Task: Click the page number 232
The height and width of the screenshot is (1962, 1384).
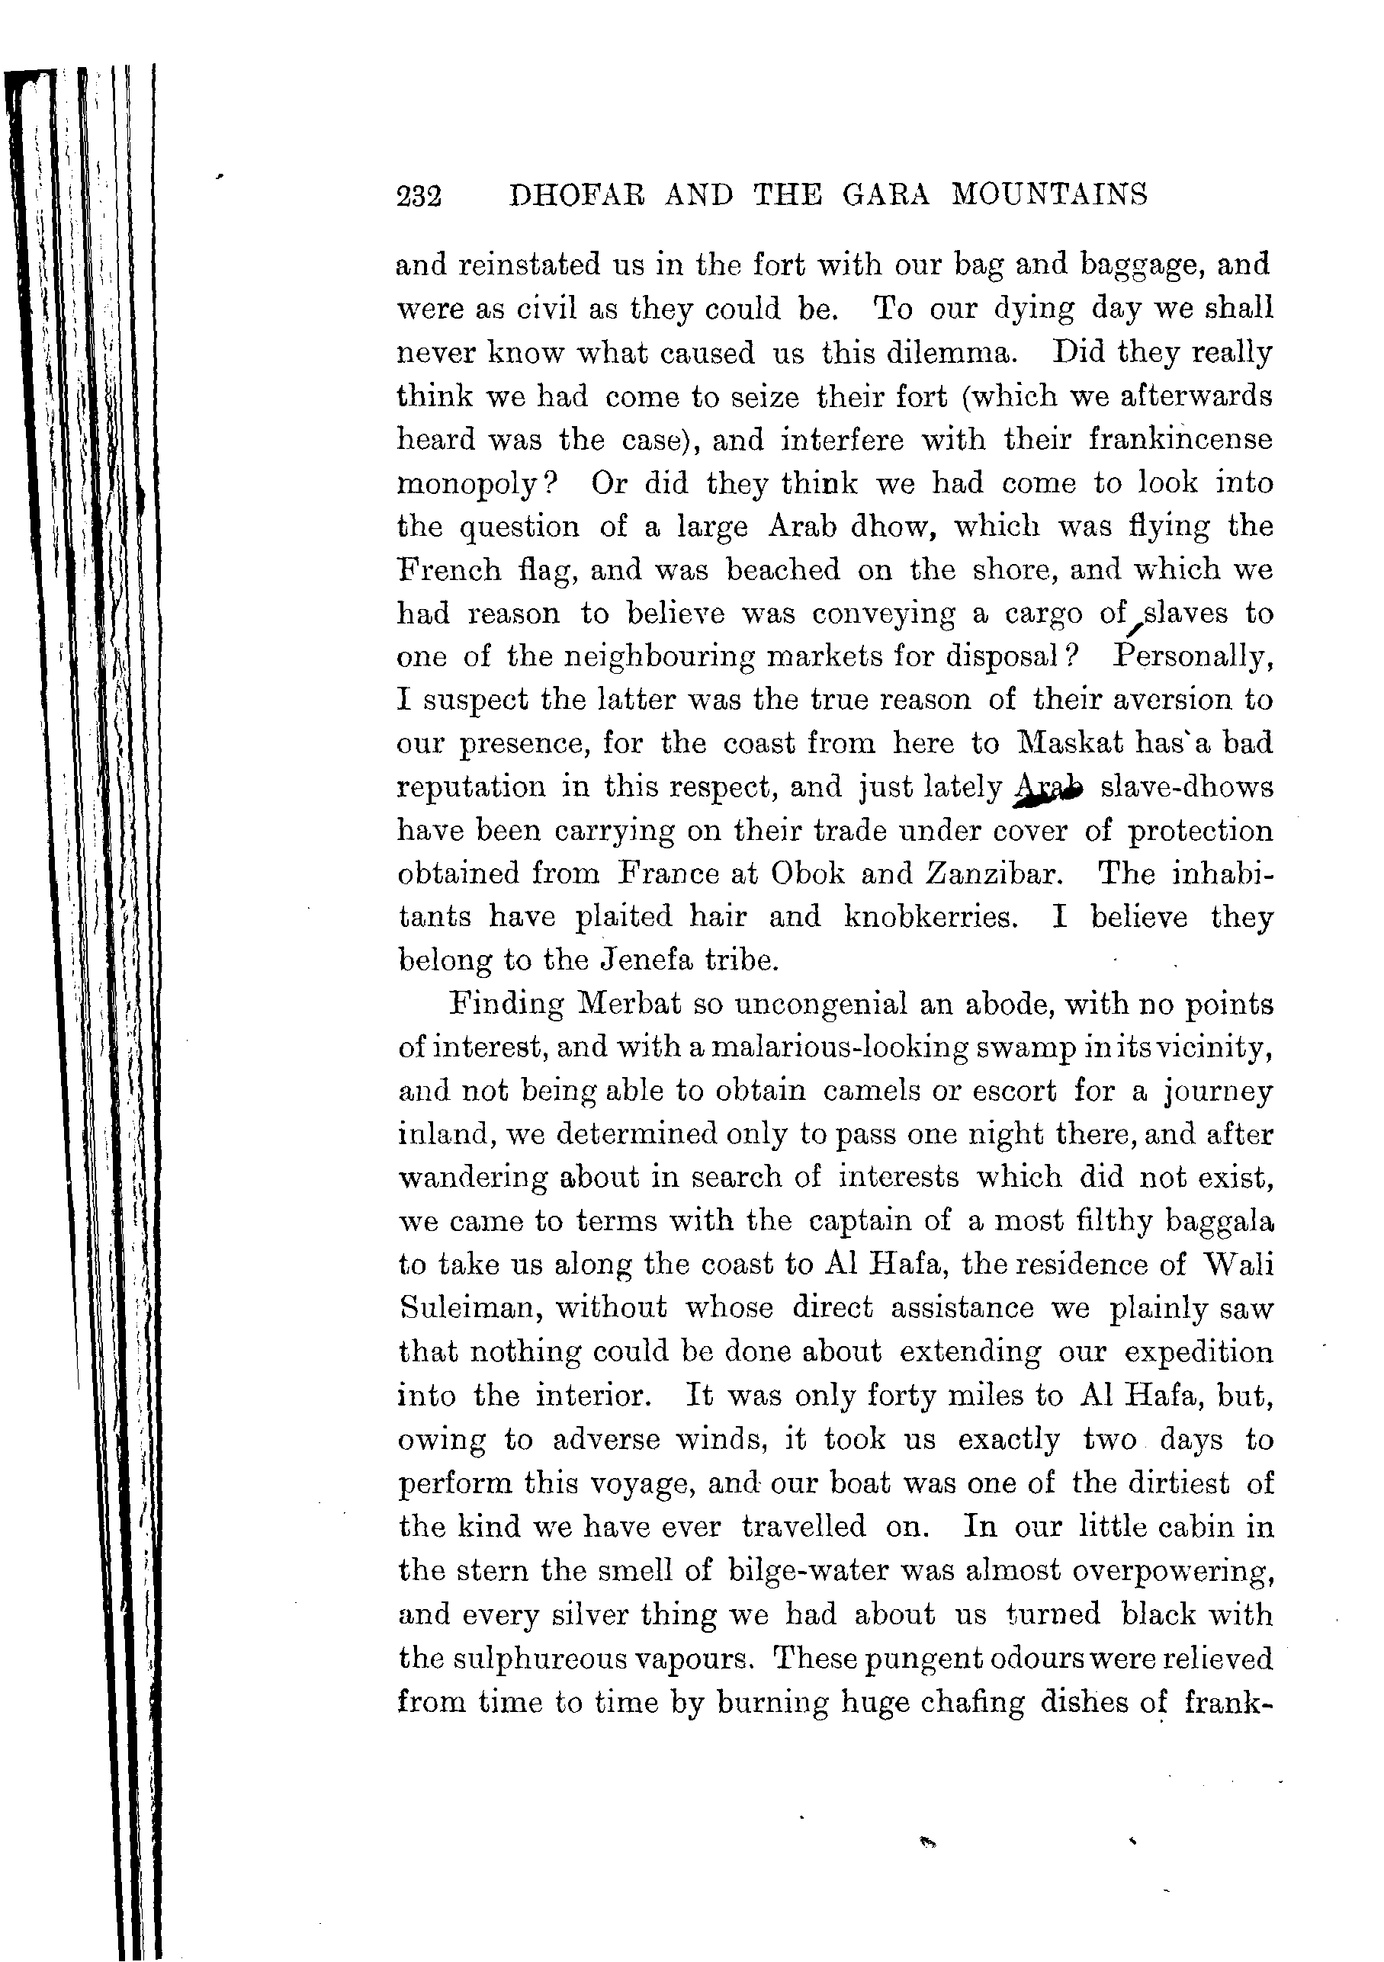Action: (x=419, y=197)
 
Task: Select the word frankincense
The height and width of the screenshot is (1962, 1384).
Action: (x=1180, y=439)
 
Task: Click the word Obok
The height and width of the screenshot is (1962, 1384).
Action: (x=807, y=874)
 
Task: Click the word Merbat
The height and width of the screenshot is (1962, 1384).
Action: (x=630, y=1004)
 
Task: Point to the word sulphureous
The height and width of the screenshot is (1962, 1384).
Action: (x=541, y=1659)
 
